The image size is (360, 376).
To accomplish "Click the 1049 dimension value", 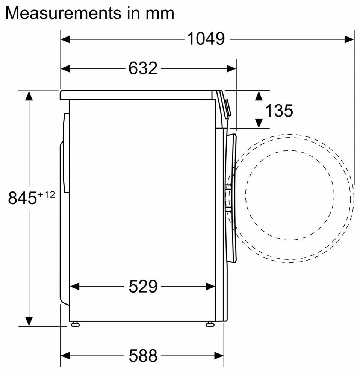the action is pyautogui.click(x=206, y=39).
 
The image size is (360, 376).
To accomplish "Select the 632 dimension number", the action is pyautogui.click(x=143, y=68).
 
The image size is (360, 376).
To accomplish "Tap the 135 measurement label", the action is pyautogui.click(x=279, y=111).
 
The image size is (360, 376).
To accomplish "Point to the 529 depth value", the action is pyautogui.click(x=143, y=286).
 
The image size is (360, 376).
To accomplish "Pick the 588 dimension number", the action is pyautogui.click(x=143, y=355).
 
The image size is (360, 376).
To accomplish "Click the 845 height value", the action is pyautogui.click(x=22, y=198).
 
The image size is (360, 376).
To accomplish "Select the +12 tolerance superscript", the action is pyautogui.click(x=46, y=194).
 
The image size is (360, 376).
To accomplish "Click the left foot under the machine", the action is pyautogui.click(x=75, y=324).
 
